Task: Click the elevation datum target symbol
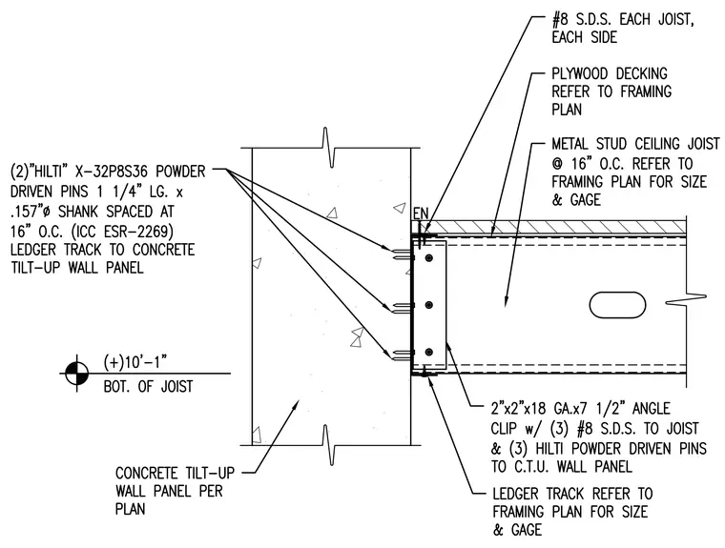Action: pos(76,373)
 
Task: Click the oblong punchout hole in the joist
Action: pos(618,305)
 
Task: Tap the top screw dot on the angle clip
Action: pos(429,258)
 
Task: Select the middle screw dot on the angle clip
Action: pos(429,305)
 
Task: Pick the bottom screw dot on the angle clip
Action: pos(429,353)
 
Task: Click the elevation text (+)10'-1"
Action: pos(135,363)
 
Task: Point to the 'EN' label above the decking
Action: pos(421,213)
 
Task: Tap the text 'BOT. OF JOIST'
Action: pos(148,386)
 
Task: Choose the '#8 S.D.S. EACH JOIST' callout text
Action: pos(623,20)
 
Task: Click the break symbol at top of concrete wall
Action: pos(328,148)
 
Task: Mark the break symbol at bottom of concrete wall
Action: pos(328,445)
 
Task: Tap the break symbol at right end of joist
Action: pos(686,301)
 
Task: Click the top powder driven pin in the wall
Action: pos(402,254)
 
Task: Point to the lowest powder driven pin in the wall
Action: pos(402,355)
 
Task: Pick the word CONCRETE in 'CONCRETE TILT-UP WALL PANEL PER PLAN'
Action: pos(146,474)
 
